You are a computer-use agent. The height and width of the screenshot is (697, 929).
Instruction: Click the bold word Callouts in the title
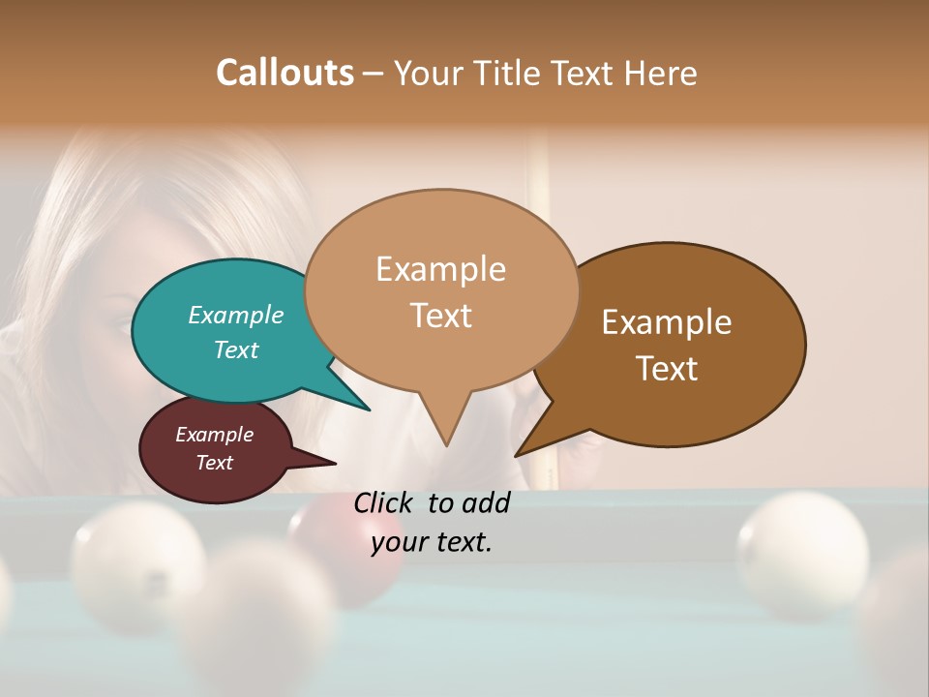285,73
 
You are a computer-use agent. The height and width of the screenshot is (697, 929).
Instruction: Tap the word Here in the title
660,73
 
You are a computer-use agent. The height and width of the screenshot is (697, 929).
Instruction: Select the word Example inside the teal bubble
236,315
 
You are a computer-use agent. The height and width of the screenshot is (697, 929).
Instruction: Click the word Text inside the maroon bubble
215,463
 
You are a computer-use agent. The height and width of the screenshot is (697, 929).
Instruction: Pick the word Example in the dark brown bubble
667,322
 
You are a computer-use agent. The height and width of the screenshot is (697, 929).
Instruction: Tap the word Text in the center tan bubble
441,316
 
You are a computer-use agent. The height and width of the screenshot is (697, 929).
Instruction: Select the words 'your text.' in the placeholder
432,542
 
